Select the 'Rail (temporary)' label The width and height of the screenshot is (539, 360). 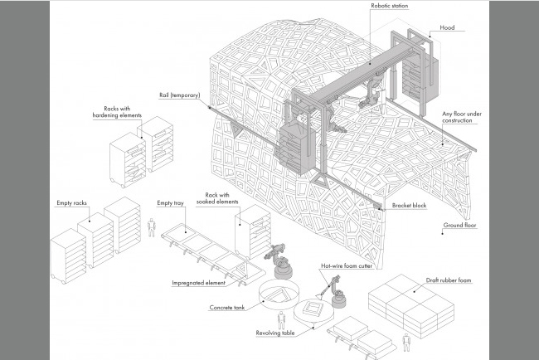[178, 95]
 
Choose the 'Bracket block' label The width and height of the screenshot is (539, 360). [409, 204]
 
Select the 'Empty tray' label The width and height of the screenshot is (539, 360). [172, 202]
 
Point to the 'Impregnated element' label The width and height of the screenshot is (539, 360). [196, 282]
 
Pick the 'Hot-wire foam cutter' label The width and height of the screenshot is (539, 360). [343, 266]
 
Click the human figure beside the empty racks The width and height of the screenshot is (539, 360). [151, 227]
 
